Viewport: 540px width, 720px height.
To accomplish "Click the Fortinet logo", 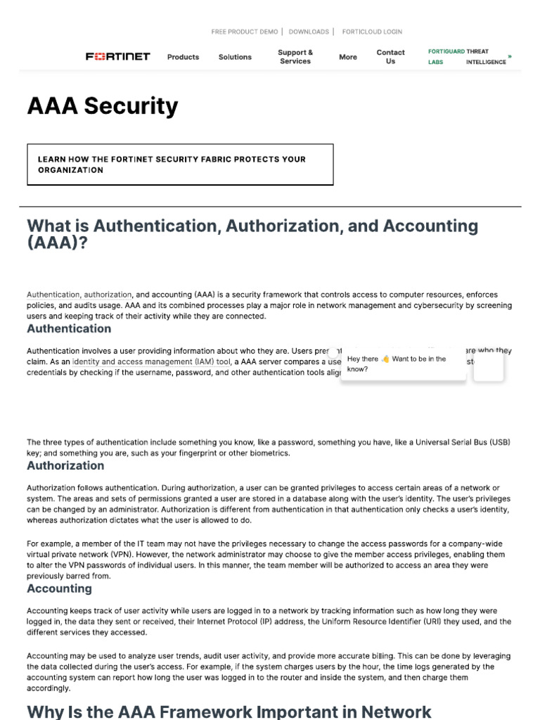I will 117,57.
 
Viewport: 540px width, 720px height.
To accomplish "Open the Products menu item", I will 183,57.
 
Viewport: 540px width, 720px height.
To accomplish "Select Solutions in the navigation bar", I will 235,57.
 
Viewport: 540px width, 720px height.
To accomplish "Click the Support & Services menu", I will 295,57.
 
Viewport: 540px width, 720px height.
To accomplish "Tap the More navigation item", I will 348,57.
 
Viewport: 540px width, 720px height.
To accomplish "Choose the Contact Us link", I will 390,57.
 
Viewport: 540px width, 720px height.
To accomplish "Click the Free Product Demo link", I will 245,32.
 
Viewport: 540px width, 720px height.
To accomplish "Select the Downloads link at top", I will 309,32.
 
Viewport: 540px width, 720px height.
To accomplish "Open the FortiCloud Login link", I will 372,32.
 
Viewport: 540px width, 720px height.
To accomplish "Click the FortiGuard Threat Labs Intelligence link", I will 468,57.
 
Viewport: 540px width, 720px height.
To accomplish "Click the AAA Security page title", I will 103,106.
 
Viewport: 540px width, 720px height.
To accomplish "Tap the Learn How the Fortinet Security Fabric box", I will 180,165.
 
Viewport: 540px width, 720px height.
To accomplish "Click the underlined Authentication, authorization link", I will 79,295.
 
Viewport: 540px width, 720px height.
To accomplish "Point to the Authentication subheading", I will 69,329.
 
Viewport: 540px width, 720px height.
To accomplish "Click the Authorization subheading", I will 65,465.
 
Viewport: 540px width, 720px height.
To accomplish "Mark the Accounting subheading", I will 59,589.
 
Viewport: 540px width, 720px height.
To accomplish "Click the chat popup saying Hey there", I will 403,364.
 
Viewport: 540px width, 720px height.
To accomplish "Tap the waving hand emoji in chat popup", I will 385,359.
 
